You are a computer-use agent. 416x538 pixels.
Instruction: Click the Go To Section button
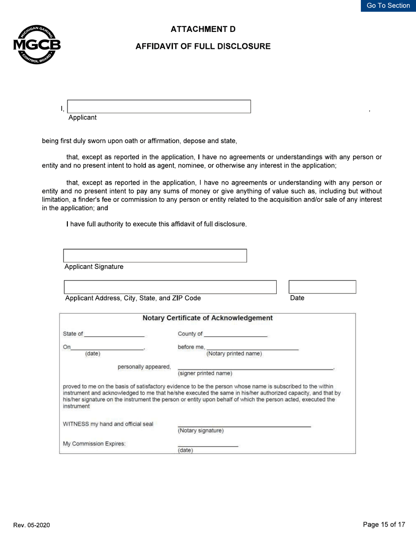click(388, 6)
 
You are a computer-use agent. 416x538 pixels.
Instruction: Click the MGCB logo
click(37, 45)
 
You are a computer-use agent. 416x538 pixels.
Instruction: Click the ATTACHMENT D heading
click(203, 29)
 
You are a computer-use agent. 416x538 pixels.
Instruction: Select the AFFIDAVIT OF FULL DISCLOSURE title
click(203, 46)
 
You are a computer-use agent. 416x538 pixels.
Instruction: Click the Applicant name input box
click(159, 107)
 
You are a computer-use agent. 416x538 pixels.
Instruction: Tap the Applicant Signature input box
click(155, 256)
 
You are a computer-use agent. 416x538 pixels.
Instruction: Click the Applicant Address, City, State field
click(170, 287)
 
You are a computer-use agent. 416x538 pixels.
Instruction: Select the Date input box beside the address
click(322, 287)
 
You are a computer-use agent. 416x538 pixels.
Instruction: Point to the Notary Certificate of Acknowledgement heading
click(208, 318)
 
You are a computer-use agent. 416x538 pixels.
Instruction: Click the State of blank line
click(114, 334)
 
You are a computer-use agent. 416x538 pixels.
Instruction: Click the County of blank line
click(236, 334)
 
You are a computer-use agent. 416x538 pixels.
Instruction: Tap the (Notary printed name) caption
click(234, 354)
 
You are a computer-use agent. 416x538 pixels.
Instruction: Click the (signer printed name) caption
click(205, 374)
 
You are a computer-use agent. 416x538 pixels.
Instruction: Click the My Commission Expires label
click(94, 444)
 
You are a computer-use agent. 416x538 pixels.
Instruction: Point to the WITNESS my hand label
click(108, 424)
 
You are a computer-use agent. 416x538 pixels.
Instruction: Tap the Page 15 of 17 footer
click(384, 525)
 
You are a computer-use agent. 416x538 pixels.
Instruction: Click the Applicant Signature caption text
click(94, 267)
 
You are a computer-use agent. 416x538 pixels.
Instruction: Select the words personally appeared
click(144, 367)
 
